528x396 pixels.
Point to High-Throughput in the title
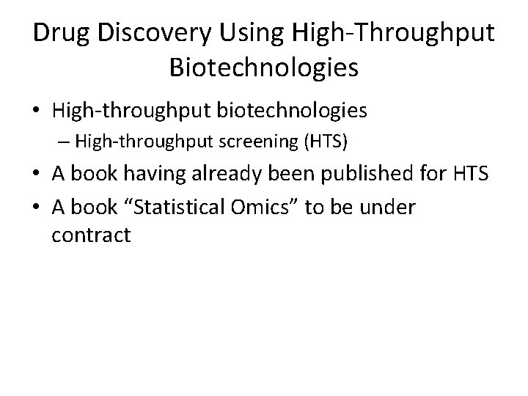point(393,34)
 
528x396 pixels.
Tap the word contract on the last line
point(92,235)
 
